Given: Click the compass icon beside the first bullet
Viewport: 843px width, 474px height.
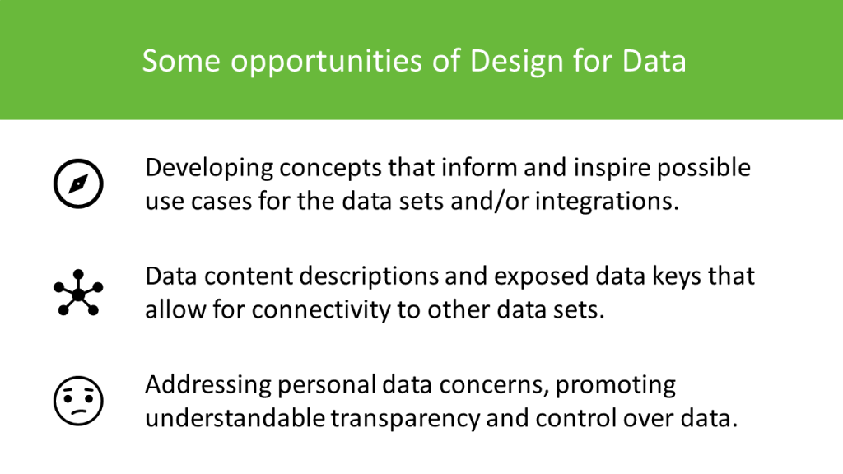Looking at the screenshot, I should tap(77, 183).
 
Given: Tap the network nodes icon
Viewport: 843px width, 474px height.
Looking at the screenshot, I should tap(77, 292).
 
